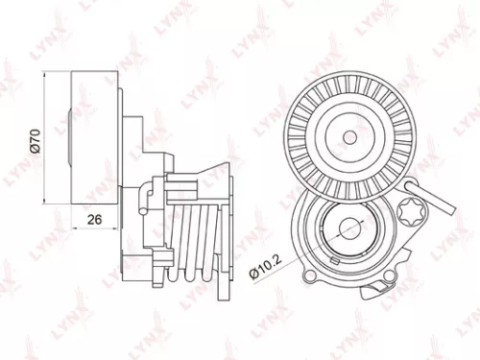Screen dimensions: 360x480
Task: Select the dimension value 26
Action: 94,220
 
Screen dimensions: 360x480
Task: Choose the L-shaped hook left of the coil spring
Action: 145,202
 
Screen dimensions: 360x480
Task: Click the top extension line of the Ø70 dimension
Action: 58,73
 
